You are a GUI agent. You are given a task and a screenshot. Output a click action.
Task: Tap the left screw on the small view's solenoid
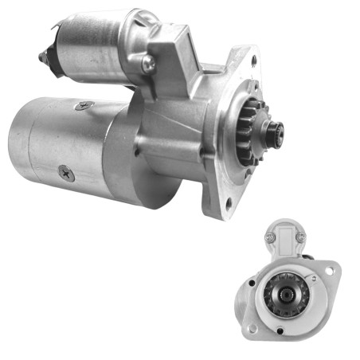coord(268,237)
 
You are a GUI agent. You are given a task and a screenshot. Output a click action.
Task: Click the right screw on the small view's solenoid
coord(299,237)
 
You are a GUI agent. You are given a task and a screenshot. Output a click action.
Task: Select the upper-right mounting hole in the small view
coord(330,271)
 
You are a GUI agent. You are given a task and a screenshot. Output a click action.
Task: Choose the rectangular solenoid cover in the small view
coord(284,239)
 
